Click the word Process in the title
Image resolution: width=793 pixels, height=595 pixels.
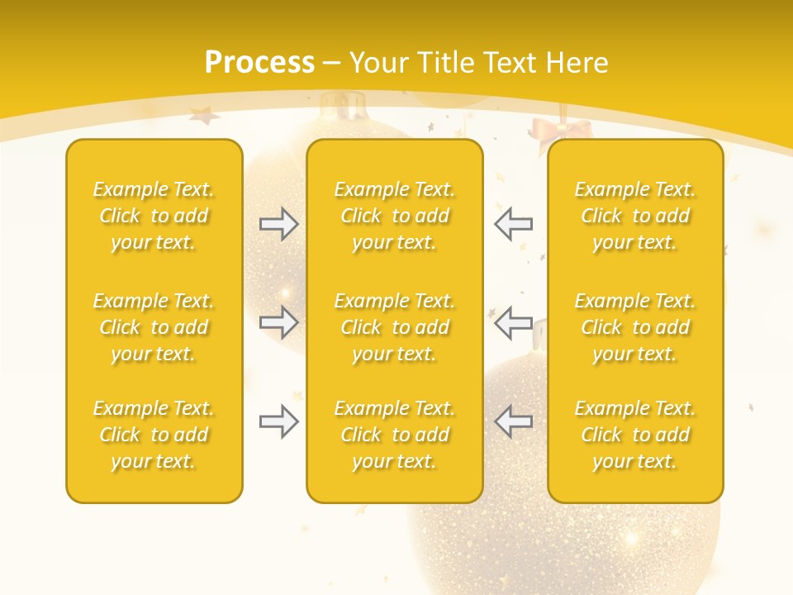point(259,63)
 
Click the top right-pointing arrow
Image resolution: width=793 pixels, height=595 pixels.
point(278,224)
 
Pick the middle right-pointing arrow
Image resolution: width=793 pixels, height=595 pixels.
point(278,322)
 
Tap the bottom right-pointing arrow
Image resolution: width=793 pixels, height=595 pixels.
point(278,421)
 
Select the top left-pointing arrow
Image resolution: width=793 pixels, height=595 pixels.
point(513,223)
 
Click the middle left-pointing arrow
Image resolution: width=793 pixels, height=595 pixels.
point(513,322)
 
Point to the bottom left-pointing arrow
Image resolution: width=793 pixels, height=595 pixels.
point(513,421)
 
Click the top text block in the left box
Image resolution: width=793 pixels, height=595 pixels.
point(154,216)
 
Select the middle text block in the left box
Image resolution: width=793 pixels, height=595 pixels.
point(154,327)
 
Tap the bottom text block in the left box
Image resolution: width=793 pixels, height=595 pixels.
point(154,435)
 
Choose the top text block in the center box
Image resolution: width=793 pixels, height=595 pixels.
point(395,216)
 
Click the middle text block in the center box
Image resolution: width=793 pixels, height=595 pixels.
point(395,327)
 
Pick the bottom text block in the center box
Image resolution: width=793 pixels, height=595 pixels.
point(395,435)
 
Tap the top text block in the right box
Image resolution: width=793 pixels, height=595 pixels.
point(635,216)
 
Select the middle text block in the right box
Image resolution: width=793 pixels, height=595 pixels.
point(635,327)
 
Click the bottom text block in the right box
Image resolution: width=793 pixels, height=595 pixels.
point(635,435)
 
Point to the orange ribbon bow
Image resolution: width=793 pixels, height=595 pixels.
point(562,132)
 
